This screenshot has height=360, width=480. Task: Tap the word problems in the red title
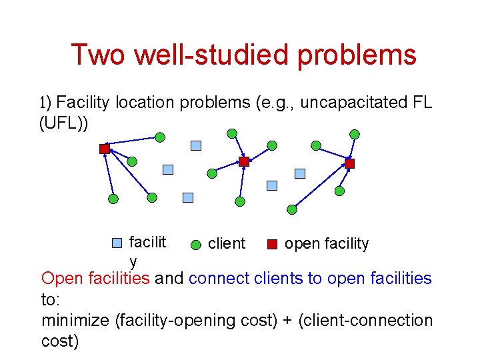(x=357, y=55)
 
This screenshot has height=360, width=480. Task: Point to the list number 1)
(x=46, y=103)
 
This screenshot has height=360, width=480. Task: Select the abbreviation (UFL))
(x=64, y=124)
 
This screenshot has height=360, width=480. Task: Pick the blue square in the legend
(x=117, y=243)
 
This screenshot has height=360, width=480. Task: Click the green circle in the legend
(x=196, y=244)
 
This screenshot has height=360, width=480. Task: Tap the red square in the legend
(x=272, y=244)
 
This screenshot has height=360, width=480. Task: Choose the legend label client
(x=227, y=244)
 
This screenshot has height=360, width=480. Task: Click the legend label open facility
(x=327, y=244)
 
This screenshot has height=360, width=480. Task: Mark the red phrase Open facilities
(x=95, y=278)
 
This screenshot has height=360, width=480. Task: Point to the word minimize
(x=75, y=321)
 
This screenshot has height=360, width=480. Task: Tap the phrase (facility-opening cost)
(x=197, y=321)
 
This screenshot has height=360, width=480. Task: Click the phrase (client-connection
(x=365, y=321)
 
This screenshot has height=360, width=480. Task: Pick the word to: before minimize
(x=51, y=299)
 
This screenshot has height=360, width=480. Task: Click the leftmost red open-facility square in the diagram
(x=105, y=149)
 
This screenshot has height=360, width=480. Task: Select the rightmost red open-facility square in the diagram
(x=350, y=163)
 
